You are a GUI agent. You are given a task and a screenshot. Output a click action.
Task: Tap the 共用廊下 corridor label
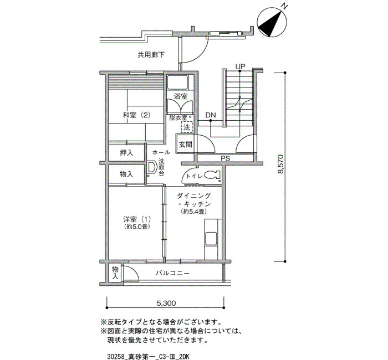pyautogui.click(x=151, y=55)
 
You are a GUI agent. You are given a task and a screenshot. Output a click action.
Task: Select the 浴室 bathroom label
pyautogui.click(x=181, y=96)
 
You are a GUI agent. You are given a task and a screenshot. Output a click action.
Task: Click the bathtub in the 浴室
pyautogui.click(x=178, y=83)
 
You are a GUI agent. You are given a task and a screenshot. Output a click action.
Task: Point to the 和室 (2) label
pyautogui.click(x=136, y=115)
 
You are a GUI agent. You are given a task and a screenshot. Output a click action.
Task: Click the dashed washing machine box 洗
pyautogui.click(x=187, y=127)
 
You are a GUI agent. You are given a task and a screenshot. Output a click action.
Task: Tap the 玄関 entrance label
pyautogui.click(x=185, y=144)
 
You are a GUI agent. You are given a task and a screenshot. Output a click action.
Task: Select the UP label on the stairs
pyautogui.click(x=240, y=66)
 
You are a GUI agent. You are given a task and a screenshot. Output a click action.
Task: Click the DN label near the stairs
pyautogui.click(x=211, y=115)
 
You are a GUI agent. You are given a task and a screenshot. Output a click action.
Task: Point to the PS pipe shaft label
pyautogui.click(x=226, y=158)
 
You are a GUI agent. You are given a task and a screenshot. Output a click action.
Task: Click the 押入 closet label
pyautogui.click(x=126, y=153)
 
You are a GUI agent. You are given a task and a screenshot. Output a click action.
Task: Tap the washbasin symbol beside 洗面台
pyautogui.click(x=151, y=168)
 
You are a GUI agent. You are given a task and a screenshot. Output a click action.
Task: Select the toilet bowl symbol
pyautogui.click(x=212, y=175)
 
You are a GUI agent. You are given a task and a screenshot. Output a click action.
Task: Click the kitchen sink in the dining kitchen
pyautogui.click(x=211, y=239)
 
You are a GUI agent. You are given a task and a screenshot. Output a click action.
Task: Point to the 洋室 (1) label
pyautogui.click(x=137, y=219)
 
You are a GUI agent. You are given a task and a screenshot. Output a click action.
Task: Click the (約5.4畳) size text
pyautogui.click(x=193, y=212)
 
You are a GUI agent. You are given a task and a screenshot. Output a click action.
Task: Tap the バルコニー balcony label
pyautogui.click(x=172, y=273)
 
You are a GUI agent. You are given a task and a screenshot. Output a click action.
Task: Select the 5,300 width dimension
pyautogui.click(x=166, y=303)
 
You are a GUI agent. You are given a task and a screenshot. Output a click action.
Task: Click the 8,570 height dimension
pyautogui.click(x=280, y=164)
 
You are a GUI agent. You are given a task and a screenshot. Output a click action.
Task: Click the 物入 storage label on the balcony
pyautogui.click(x=115, y=272)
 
